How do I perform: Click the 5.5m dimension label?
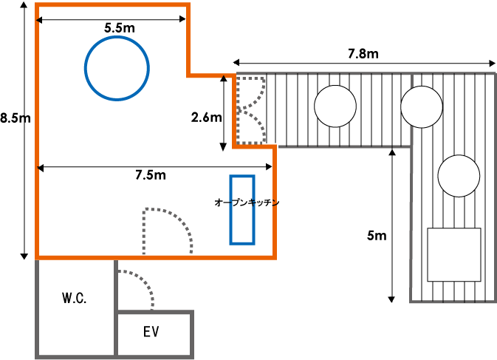(119, 28)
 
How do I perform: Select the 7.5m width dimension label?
(150, 175)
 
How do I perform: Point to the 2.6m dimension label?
(205, 117)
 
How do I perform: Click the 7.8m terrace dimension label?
(363, 54)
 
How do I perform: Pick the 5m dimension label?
(377, 237)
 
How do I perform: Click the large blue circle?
(117, 69)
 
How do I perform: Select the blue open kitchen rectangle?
(241, 209)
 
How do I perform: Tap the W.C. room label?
(75, 299)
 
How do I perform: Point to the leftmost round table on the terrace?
(335, 106)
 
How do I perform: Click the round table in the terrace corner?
(422, 106)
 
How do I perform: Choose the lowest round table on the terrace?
(459, 176)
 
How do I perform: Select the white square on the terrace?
(454, 254)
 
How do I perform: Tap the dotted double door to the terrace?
(251, 110)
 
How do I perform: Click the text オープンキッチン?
(246, 201)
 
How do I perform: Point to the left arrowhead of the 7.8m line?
(236, 62)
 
